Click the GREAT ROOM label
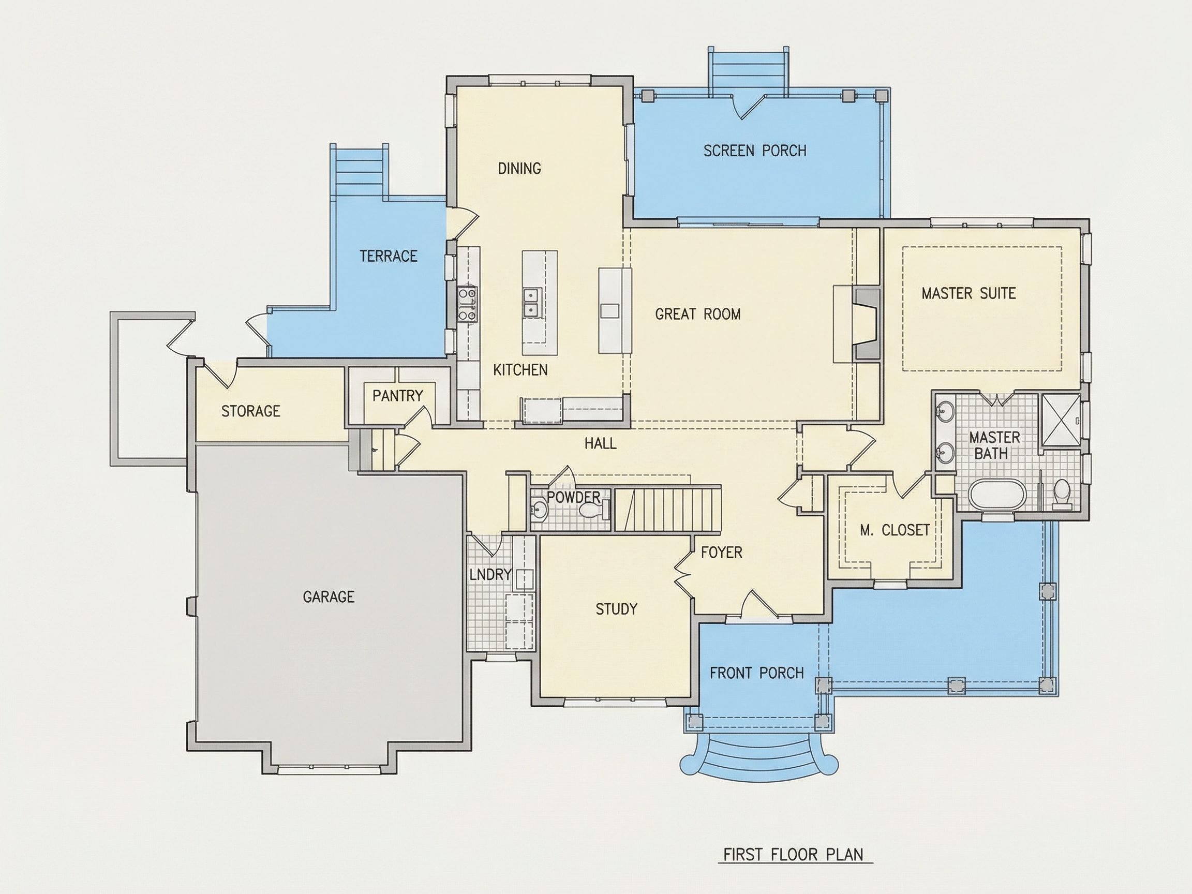point(698,314)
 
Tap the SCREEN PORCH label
point(755,151)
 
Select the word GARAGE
point(329,597)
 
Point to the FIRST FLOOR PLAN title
point(793,855)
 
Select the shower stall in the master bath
point(1061,420)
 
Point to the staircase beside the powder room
point(668,509)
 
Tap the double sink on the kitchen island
point(531,303)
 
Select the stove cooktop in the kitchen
point(467,304)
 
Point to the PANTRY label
point(398,396)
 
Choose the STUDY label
point(617,609)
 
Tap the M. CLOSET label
point(895,530)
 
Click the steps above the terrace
point(360,170)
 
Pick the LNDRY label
point(490,574)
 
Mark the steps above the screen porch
point(749,72)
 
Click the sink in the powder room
point(539,509)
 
